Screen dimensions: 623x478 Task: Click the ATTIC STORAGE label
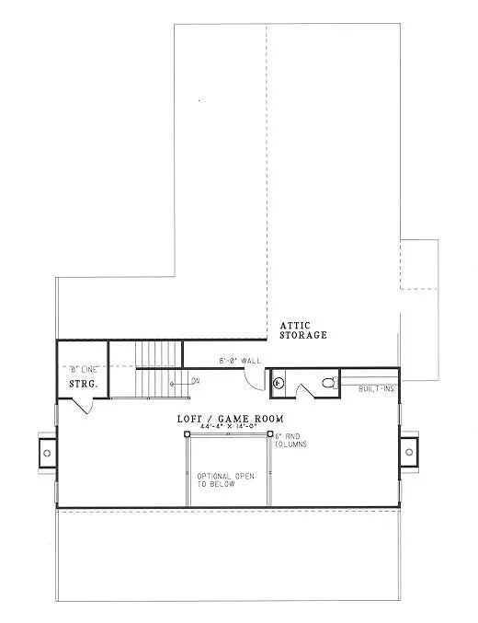pos(303,329)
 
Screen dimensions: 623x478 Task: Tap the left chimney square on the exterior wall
pos(46,453)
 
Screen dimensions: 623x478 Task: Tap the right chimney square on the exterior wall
pos(409,453)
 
